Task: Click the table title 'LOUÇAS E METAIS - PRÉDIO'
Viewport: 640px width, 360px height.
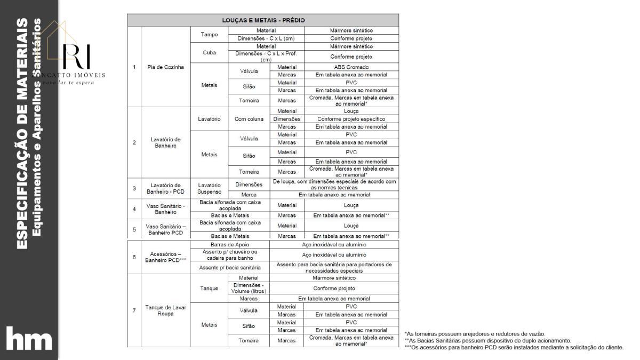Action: tap(263, 20)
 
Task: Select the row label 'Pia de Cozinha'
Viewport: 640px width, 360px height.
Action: tap(165, 67)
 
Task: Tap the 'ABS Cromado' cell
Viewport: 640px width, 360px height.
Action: tap(351, 67)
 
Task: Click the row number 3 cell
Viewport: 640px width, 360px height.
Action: tap(134, 188)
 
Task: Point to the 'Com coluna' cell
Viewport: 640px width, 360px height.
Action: tap(249, 119)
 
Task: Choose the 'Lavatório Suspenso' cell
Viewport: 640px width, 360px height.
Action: tap(209, 188)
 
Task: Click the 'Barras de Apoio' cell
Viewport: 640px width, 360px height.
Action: tap(230, 244)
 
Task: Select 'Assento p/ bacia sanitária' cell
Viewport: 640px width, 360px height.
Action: tap(230, 267)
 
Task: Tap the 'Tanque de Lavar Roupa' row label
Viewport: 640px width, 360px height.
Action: tap(165, 310)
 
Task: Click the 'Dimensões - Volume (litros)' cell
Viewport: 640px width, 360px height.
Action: tap(248, 289)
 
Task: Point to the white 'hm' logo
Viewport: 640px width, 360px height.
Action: tap(29, 340)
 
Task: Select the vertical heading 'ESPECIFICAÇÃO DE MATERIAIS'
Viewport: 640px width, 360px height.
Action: tap(22, 133)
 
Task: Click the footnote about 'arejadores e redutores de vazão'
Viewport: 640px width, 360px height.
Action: tap(475, 334)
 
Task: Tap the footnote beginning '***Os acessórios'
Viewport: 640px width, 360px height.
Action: tap(514, 347)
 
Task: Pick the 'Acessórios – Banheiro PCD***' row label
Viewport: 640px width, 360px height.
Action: tap(165, 257)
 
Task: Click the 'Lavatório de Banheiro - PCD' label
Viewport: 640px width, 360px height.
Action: tap(165, 188)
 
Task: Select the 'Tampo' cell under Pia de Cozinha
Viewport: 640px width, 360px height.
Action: tap(209, 35)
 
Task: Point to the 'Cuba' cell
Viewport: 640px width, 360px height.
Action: tap(209, 53)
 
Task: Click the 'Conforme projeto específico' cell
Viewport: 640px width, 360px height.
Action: tap(351, 119)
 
